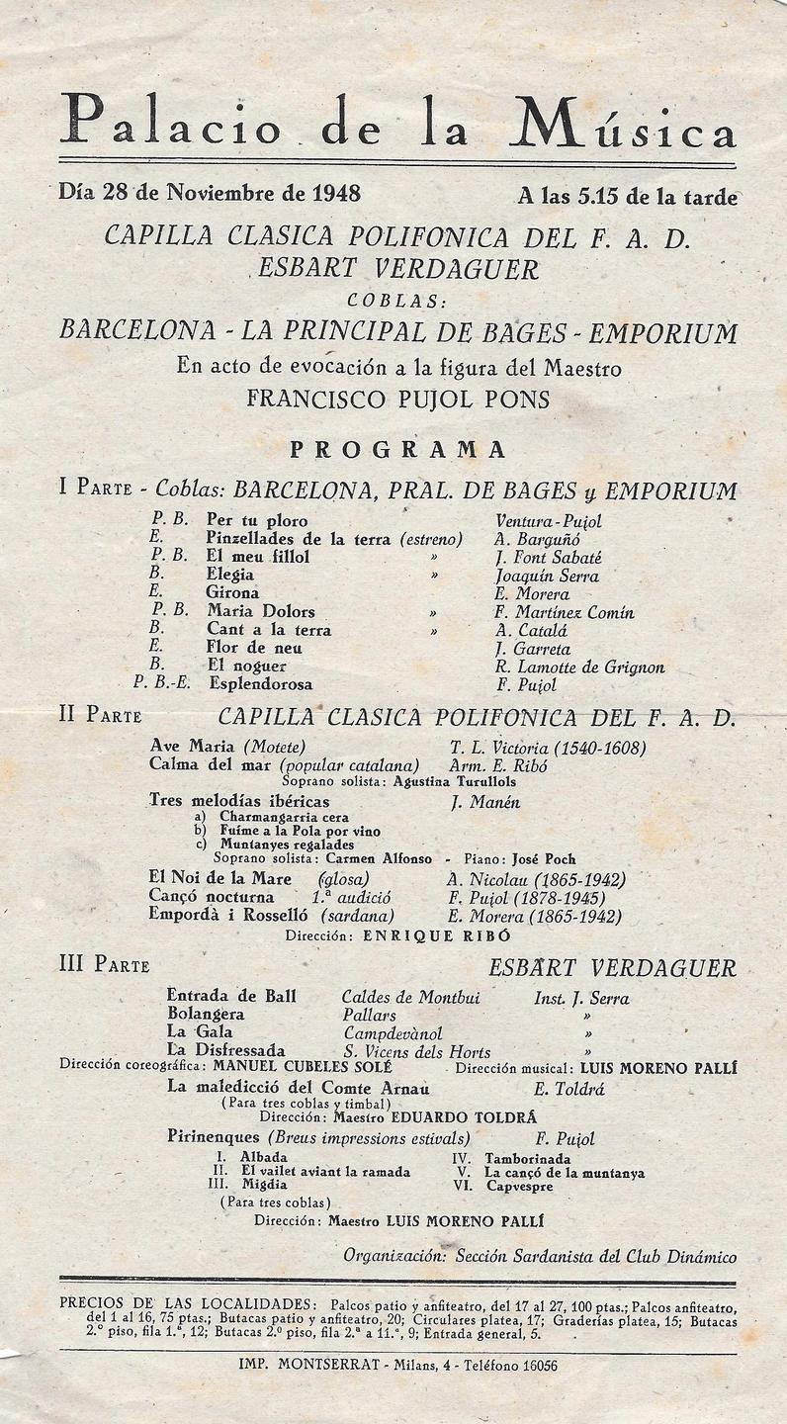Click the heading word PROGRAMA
[397, 450]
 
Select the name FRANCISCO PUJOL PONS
[397, 400]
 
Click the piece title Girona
[232, 593]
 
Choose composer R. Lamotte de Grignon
[579, 667]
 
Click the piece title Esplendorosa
[260, 684]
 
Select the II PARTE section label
[100, 716]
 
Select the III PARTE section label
[104, 965]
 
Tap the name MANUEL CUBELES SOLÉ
[303, 1068]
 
